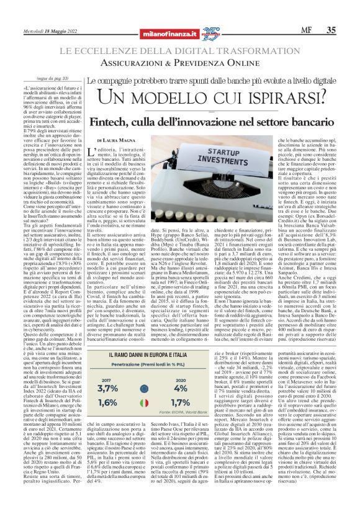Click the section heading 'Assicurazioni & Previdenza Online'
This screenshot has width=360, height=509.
[179, 63]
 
